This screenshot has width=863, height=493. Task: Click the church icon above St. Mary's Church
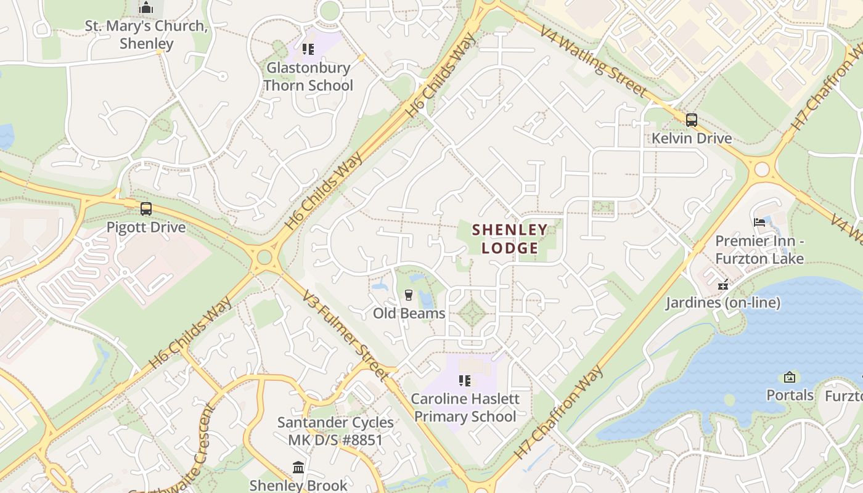pyautogui.click(x=146, y=8)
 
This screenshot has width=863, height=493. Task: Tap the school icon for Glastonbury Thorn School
pyautogui.click(x=308, y=49)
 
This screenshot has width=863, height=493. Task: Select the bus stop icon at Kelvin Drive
pyautogui.click(x=692, y=120)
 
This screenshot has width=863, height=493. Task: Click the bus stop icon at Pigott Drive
pyautogui.click(x=146, y=209)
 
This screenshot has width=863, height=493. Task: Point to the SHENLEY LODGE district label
pyautogui.click(x=510, y=239)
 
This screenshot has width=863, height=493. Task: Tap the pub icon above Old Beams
pyautogui.click(x=408, y=295)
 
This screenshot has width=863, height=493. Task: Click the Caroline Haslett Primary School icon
pyautogui.click(x=465, y=381)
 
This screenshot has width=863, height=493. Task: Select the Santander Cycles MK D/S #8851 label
pyautogui.click(x=335, y=431)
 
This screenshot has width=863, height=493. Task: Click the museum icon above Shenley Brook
pyautogui.click(x=298, y=468)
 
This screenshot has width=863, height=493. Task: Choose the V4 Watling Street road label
pyautogui.click(x=593, y=61)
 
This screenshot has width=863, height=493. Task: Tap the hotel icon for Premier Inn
pyautogui.click(x=759, y=222)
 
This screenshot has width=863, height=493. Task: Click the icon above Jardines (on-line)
pyautogui.click(x=723, y=285)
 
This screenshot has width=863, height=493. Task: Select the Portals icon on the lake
pyautogui.click(x=790, y=377)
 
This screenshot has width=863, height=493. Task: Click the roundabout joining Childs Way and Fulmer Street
pyautogui.click(x=265, y=257)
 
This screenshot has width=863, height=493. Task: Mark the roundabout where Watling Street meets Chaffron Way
pyautogui.click(x=762, y=168)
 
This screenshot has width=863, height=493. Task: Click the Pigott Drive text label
pyautogui.click(x=146, y=227)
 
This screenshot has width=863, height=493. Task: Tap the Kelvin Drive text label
pyautogui.click(x=692, y=138)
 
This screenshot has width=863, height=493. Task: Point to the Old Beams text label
pyautogui.click(x=409, y=313)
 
